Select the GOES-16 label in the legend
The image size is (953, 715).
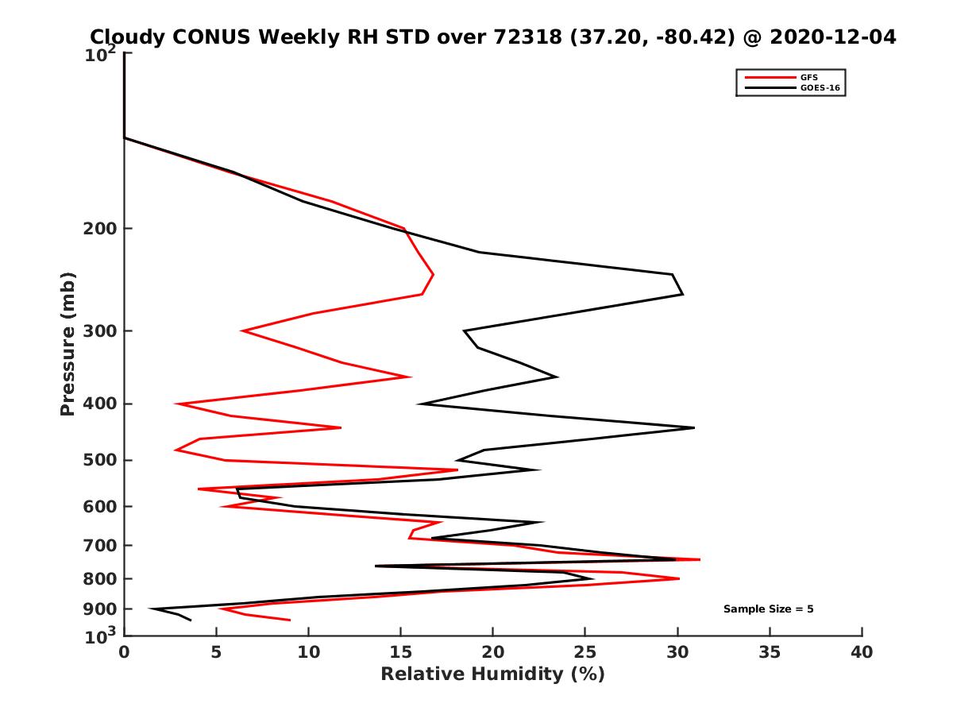coord(817,87)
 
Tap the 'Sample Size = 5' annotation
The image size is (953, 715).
coord(768,609)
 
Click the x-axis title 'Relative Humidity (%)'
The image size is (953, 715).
coord(492,674)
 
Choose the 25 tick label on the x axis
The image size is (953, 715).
coord(585,653)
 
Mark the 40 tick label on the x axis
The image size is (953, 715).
coord(862,653)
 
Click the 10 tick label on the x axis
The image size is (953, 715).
coord(308,653)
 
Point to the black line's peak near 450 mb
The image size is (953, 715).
coord(694,428)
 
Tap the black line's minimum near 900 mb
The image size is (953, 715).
coord(151,609)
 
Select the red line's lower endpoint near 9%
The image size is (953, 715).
coord(290,620)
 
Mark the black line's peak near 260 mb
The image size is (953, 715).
coord(682,295)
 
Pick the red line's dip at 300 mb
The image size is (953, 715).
coord(242,330)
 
